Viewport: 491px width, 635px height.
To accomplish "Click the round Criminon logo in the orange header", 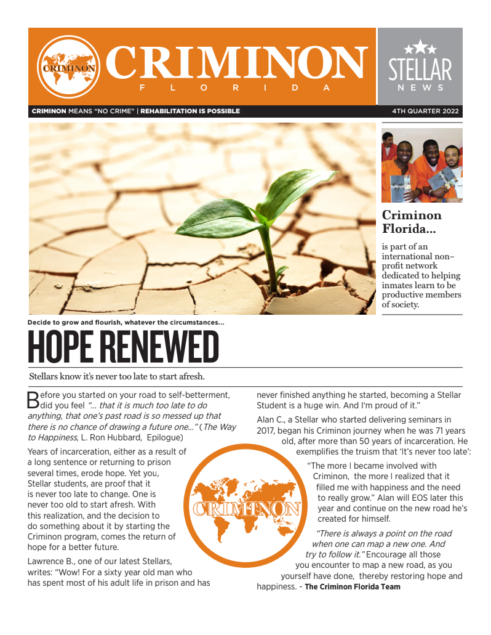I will coord(68,67).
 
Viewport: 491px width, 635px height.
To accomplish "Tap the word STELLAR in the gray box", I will coord(420,70).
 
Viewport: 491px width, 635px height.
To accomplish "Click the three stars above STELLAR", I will coord(420,47).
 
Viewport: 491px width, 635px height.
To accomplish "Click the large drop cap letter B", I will coord(33,400).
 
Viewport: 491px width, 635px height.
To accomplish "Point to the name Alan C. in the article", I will coord(270,420).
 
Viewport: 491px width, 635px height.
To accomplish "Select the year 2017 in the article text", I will coord(268,431).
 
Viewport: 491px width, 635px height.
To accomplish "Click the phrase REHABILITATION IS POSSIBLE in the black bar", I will coord(190,111).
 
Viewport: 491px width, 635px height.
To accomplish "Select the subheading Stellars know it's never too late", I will coord(117,376).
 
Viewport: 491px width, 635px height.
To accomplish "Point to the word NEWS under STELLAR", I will coord(420,88).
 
